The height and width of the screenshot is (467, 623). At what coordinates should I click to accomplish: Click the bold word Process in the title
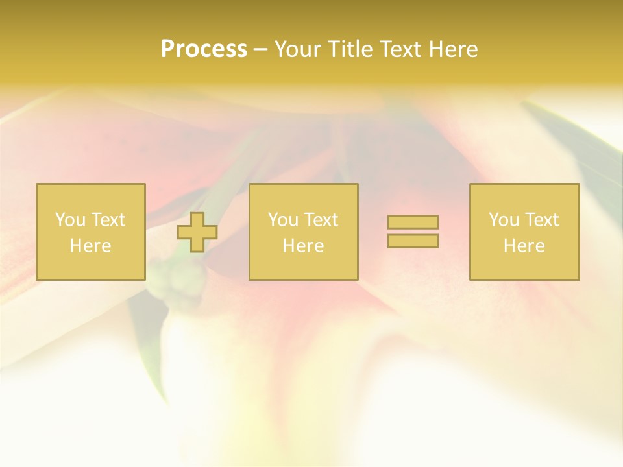click(204, 49)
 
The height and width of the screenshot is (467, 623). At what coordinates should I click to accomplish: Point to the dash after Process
click(261, 50)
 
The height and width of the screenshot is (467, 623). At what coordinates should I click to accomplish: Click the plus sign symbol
click(197, 232)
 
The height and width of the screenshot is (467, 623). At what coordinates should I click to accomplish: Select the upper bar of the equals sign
click(413, 222)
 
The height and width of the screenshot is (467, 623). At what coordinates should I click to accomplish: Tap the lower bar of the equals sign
click(413, 241)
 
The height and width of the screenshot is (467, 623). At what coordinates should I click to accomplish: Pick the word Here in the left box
click(90, 246)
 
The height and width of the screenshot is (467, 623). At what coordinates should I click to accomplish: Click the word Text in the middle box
click(321, 220)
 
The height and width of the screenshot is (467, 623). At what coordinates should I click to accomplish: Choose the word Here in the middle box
click(303, 246)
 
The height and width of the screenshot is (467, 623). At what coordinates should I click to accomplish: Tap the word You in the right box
click(504, 220)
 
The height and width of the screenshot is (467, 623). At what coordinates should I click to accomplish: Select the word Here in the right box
click(524, 246)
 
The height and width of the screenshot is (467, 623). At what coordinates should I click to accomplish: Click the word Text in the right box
click(541, 220)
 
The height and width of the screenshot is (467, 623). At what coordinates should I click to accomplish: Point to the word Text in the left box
click(108, 220)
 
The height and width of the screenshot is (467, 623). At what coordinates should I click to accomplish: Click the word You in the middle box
click(284, 220)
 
